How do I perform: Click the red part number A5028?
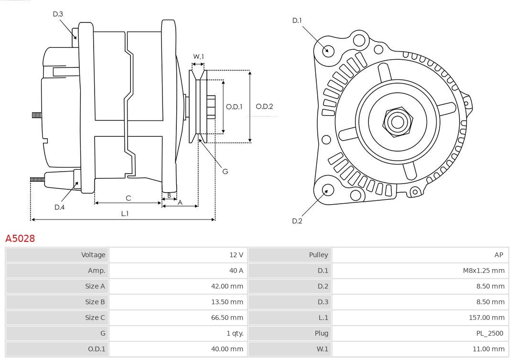[20, 238]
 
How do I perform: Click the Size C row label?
[95, 318]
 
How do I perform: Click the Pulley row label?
[318, 255]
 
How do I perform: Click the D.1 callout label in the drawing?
[297, 21]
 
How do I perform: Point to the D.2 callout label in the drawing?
[297, 221]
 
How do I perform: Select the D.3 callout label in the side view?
[58, 14]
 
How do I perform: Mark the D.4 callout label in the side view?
[59, 207]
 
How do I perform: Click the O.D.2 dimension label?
[264, 107]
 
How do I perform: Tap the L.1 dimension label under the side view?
[124, 214]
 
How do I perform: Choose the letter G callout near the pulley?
[225, 171]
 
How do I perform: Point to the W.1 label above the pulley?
[198, 57]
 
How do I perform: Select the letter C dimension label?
[128, 198]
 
